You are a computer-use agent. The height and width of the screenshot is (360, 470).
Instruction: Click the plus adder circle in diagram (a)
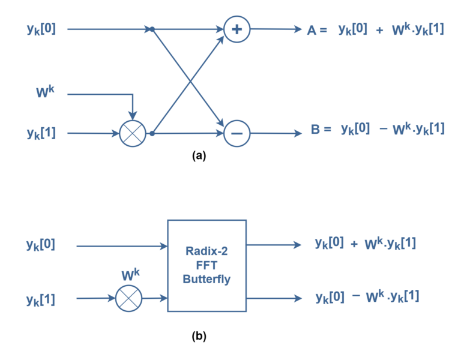237,29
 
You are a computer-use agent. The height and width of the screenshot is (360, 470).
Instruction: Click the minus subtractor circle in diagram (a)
237,134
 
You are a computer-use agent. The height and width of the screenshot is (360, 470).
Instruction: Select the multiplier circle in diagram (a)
133,134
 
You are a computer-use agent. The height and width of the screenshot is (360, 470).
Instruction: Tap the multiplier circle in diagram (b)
128,298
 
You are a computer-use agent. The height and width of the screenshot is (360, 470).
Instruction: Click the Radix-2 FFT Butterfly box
206,265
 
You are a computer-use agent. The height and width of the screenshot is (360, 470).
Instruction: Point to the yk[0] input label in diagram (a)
41,28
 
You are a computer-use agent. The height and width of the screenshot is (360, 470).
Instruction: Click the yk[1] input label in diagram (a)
41,133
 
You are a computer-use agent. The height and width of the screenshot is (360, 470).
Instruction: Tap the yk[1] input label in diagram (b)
41,298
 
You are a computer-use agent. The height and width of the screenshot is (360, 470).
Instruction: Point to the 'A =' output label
316,29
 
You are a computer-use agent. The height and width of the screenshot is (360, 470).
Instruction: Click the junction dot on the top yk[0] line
152,29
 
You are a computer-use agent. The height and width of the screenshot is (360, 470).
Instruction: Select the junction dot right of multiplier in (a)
152,134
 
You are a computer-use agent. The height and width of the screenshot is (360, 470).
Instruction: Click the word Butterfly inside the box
206,279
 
